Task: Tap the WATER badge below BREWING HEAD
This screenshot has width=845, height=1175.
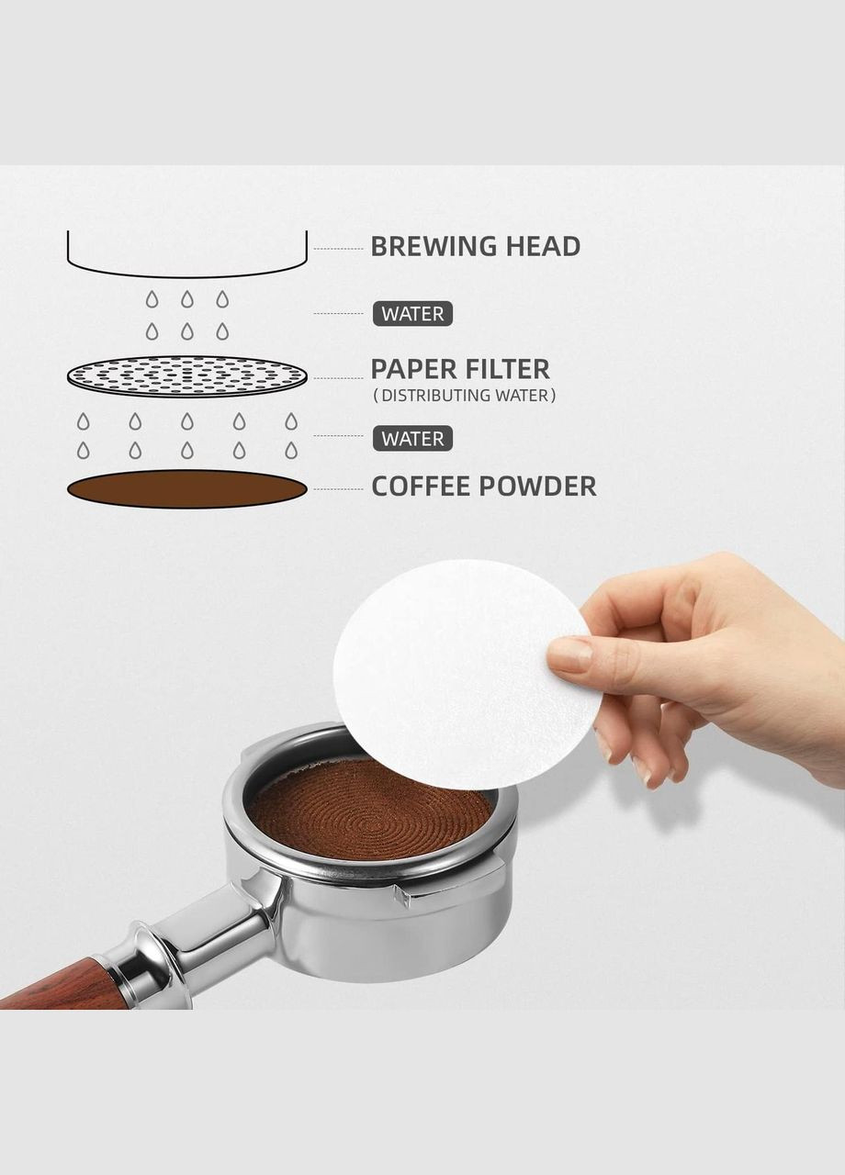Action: pos(412,314)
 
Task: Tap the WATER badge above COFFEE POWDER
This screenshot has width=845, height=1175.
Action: pos(412,439)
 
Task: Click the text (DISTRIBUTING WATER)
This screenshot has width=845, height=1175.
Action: pos(464,395)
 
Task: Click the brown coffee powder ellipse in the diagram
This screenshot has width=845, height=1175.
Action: pos(187,489)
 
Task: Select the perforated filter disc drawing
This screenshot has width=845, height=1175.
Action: pos(187,376)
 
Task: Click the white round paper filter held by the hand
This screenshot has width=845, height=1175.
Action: pos(462,677)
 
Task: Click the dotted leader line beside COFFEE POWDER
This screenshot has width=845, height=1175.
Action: pos(339,489)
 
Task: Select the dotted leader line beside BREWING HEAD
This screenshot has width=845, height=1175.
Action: pos(339,249)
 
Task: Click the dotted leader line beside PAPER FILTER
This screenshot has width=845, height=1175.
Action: pos(339,377)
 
